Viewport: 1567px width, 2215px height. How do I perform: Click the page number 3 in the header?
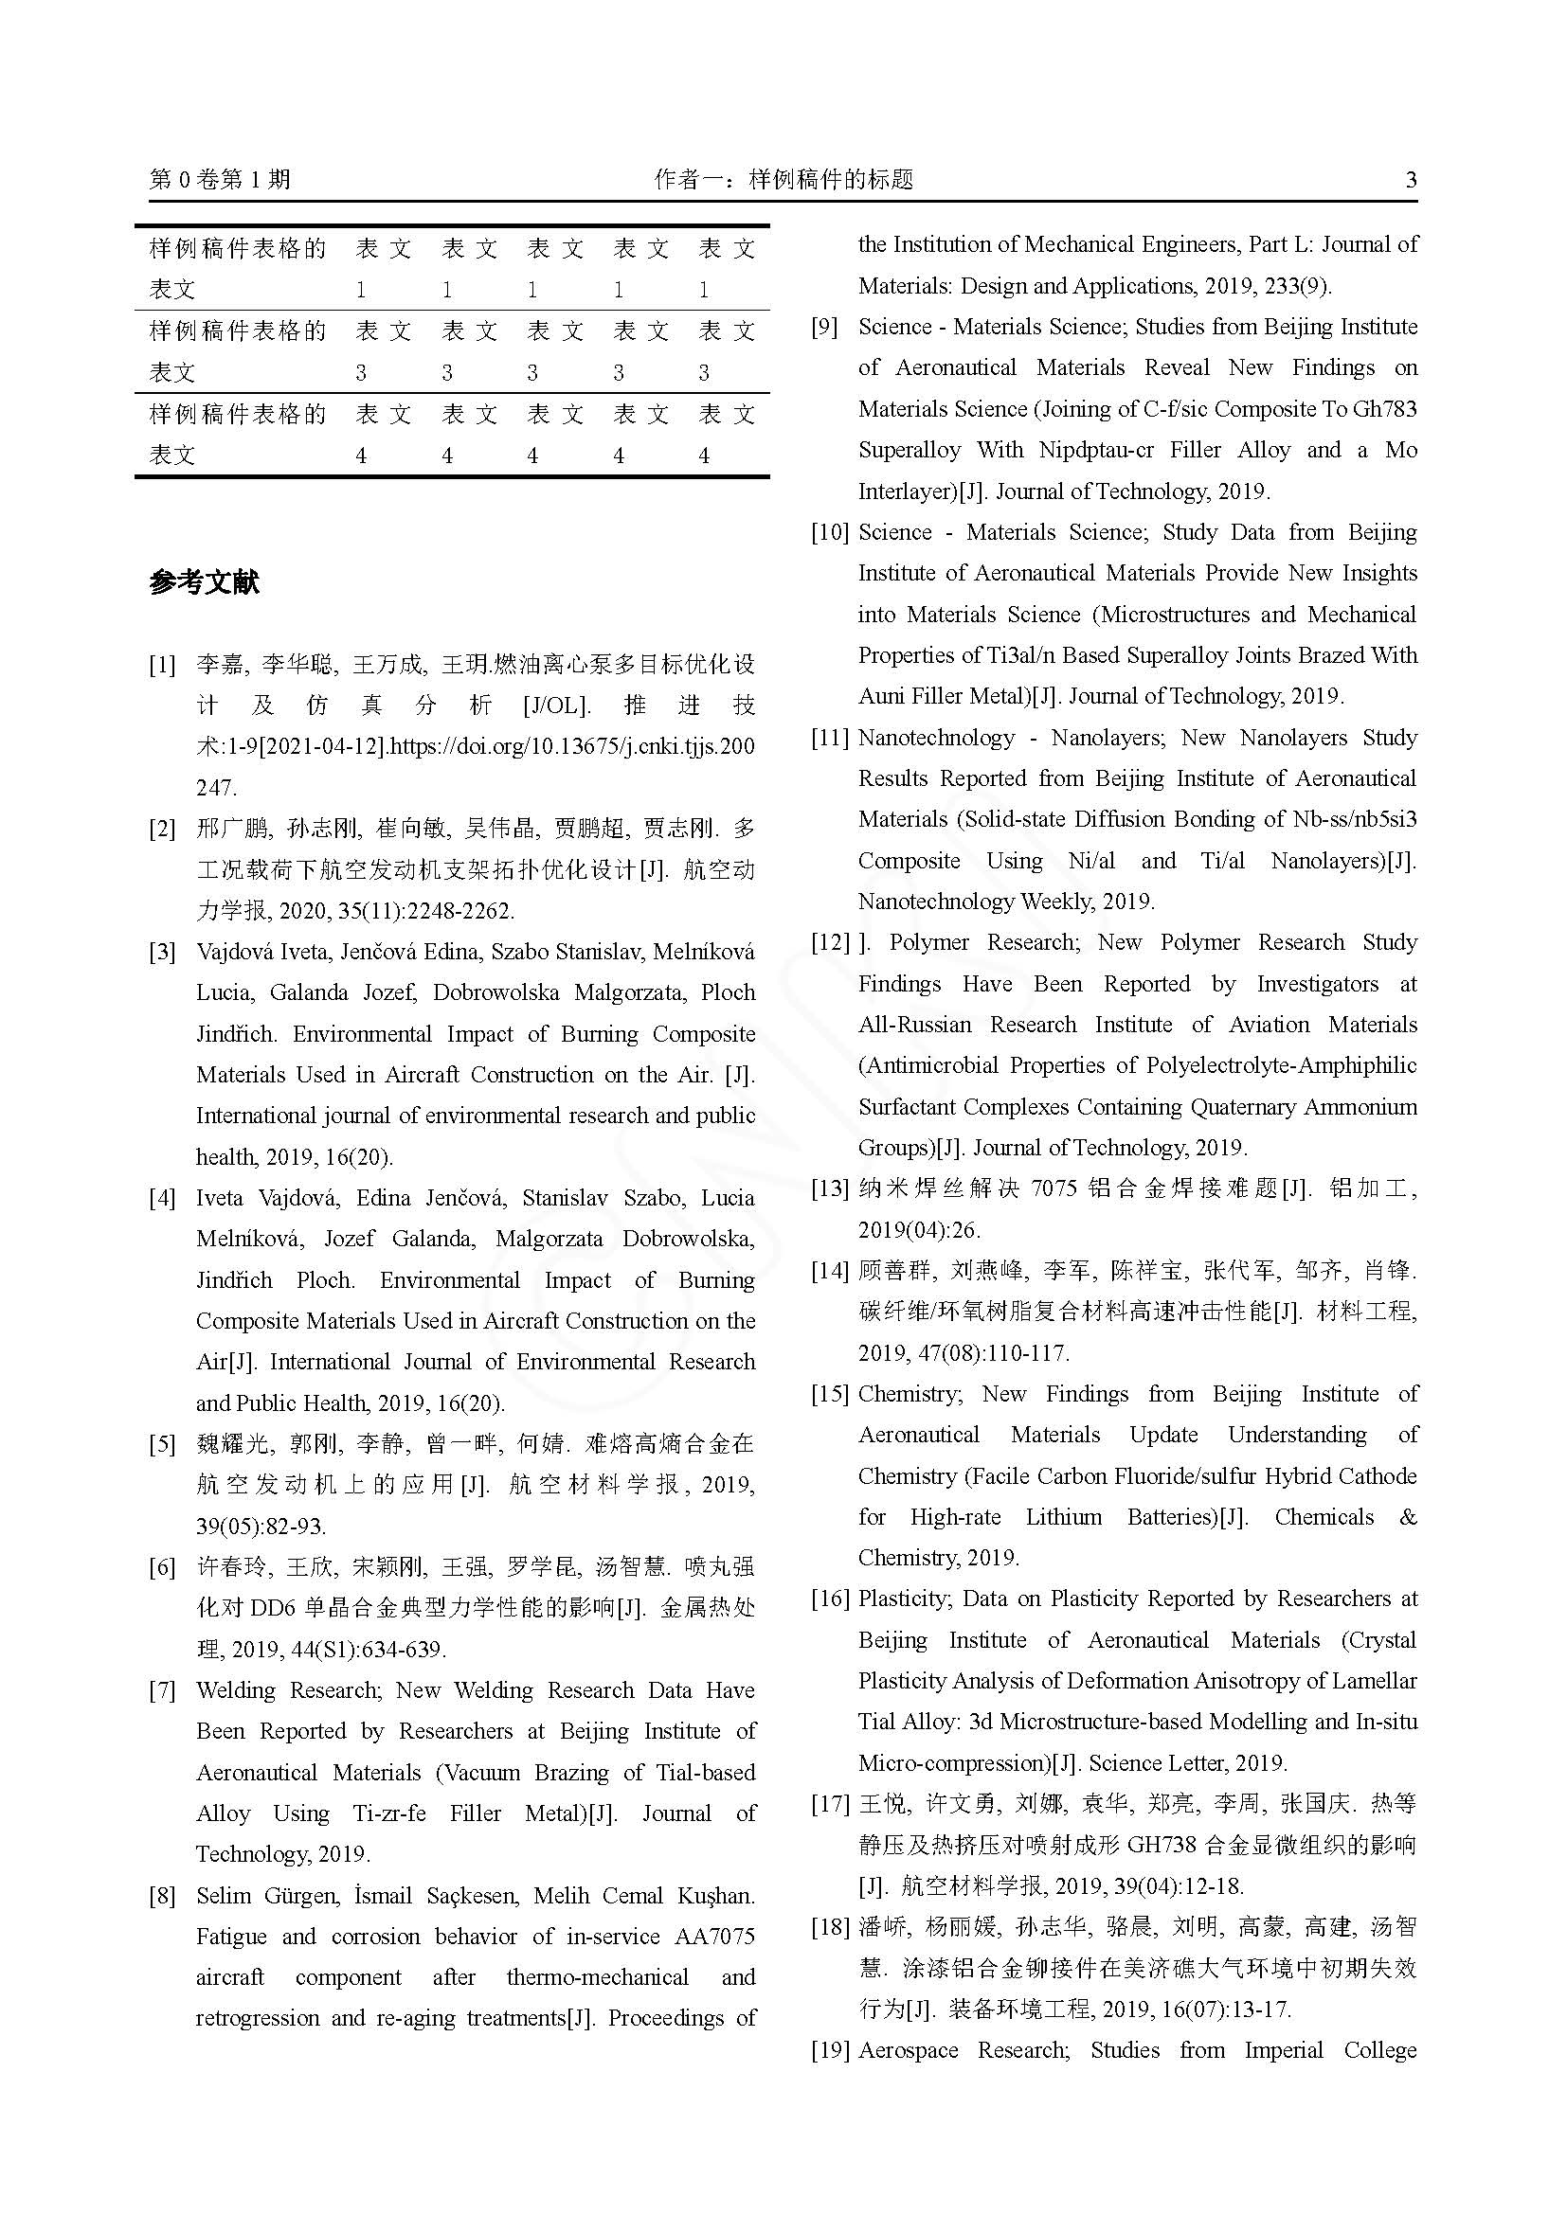click(1411, 179)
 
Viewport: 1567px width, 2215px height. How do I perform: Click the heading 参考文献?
click(205, 582)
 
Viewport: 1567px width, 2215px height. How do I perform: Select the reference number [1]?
click(162, 665)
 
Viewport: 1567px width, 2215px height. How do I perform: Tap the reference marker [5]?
click(162, 1444)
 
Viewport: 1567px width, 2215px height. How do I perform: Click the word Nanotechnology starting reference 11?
click(936, 738)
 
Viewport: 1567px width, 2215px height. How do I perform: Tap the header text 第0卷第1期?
click(220, 179)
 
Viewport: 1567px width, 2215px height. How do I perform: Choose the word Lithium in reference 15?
click(1063, 1516)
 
